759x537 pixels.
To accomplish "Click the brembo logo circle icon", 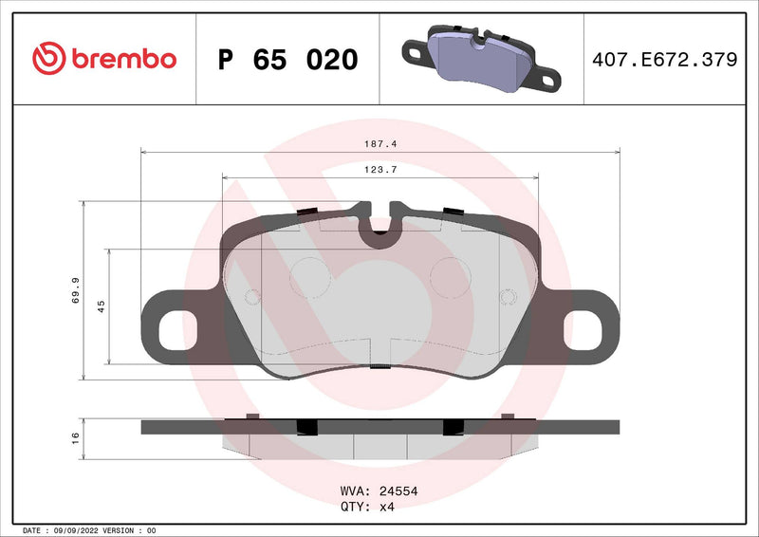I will coord(49,59).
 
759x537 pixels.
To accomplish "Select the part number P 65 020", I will coord(287,60).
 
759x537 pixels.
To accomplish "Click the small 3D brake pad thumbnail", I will coord(480,59).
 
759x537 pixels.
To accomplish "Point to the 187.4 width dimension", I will coord(379,144).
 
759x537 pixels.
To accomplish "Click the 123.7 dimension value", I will coord(379,169).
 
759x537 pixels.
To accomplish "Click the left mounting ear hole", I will coord(172,329).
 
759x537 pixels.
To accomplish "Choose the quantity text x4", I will coord(386,507).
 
